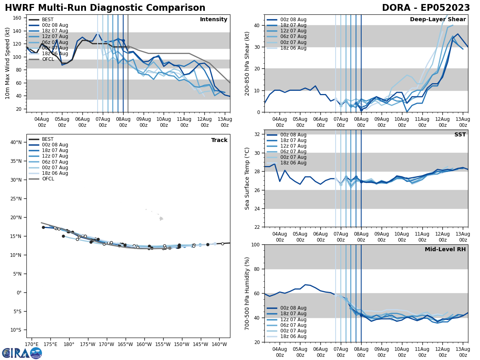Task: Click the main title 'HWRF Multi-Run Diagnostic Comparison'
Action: point(105,8)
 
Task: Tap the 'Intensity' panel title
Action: point(214,20)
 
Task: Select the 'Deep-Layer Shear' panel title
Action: point(438,20)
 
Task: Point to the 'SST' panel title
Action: point(460,135)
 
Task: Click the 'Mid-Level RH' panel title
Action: point(445,250)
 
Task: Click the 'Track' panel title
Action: point(219,140)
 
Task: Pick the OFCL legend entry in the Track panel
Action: point(48,179)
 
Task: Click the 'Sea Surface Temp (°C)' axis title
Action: point(248,178)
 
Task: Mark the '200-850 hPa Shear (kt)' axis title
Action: point(248,64)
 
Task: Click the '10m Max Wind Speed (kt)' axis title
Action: point(8,64)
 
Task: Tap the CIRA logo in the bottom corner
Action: point(22,353)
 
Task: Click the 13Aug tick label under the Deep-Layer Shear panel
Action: point(463,122)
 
